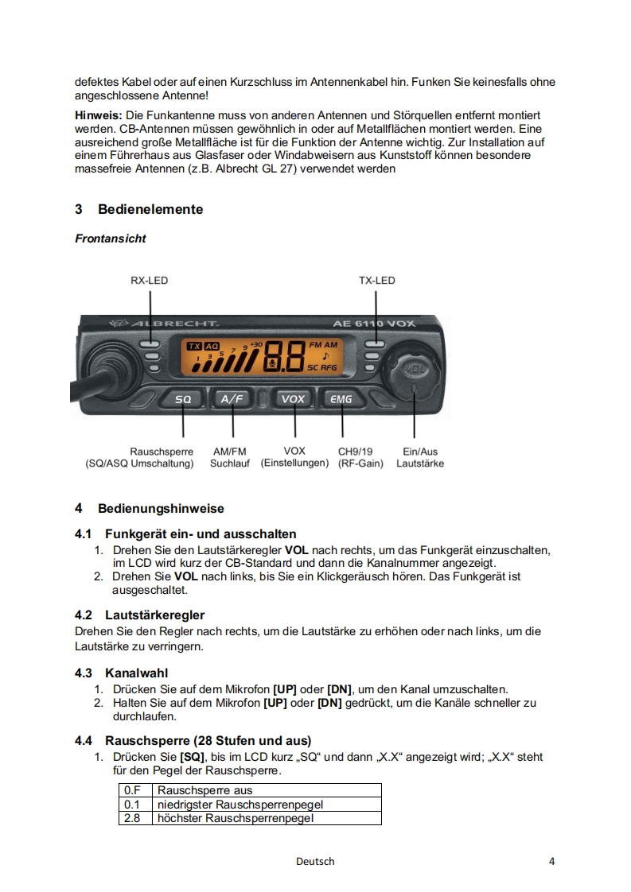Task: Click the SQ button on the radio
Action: pyautogui.click(x=183, y=399)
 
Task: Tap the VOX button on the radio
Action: pyautogui.click(x=294, y=399)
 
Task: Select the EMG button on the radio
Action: pyautogui.click(x=341, y=399)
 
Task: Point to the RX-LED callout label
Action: pyautogui.click(x=150, y=281)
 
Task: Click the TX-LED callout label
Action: pyautogui.click(x=376, y=281)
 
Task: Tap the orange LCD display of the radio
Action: pyautogui.click(x=262, y=358)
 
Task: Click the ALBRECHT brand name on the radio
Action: pyautogui.click(x=168, y=325)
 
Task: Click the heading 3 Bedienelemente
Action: pyautogui.click(x=139, y=210)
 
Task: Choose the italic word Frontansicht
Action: pyautogui.click(x=111, y=239)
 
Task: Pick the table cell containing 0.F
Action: pyautogui.click(x=132, y=790)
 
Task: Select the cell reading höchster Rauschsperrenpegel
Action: pyautogui.click(x=236, y=818)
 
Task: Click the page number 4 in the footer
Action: pyautogui.click(x=551, y=862)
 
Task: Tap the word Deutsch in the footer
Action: pyautogui.click(x=315, y=862)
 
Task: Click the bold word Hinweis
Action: pyautogui.click(x=97, y=115)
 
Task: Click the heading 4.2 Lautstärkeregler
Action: pyautogui.click(x=139, y=615)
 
